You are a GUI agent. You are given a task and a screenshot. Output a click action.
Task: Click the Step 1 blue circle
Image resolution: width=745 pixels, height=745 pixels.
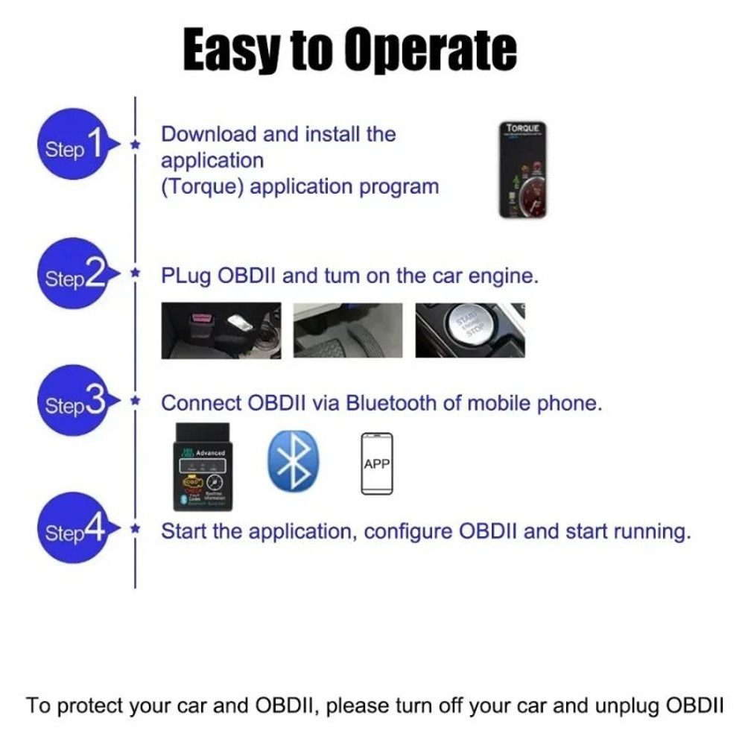tap(73, 145)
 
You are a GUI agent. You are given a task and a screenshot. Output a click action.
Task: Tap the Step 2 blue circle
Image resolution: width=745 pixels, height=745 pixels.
tap(73, 275)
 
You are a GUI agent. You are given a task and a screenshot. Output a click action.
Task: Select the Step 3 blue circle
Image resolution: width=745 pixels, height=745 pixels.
tap(73, 402)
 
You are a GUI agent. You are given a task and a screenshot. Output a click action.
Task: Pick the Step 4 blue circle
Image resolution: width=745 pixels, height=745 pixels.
tap(73, 530)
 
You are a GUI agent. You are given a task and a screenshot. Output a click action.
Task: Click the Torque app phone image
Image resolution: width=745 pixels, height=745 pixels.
tap(523, 170)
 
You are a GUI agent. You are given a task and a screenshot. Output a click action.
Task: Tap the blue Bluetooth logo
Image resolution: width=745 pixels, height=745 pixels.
tap(293, 462)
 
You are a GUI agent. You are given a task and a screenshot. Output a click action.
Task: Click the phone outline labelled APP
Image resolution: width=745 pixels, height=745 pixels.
tap(377, 463)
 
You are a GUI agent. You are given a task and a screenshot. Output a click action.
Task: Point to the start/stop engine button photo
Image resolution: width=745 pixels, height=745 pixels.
tap(470, 330)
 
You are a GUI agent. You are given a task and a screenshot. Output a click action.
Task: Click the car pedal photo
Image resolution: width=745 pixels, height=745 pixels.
tap(348, 330)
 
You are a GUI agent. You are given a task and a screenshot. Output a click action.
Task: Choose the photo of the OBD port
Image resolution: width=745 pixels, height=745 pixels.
tap(221, 330)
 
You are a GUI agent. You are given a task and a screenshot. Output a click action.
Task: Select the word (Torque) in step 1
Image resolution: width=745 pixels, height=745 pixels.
tap(203, 186)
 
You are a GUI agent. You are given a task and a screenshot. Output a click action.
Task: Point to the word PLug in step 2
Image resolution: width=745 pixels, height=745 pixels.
tap(186, 276)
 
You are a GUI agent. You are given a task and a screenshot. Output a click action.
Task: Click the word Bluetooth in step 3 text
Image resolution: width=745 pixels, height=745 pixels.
tap(392, 404)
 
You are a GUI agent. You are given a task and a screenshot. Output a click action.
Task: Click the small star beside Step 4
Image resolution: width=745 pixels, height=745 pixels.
tap(135, 529)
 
